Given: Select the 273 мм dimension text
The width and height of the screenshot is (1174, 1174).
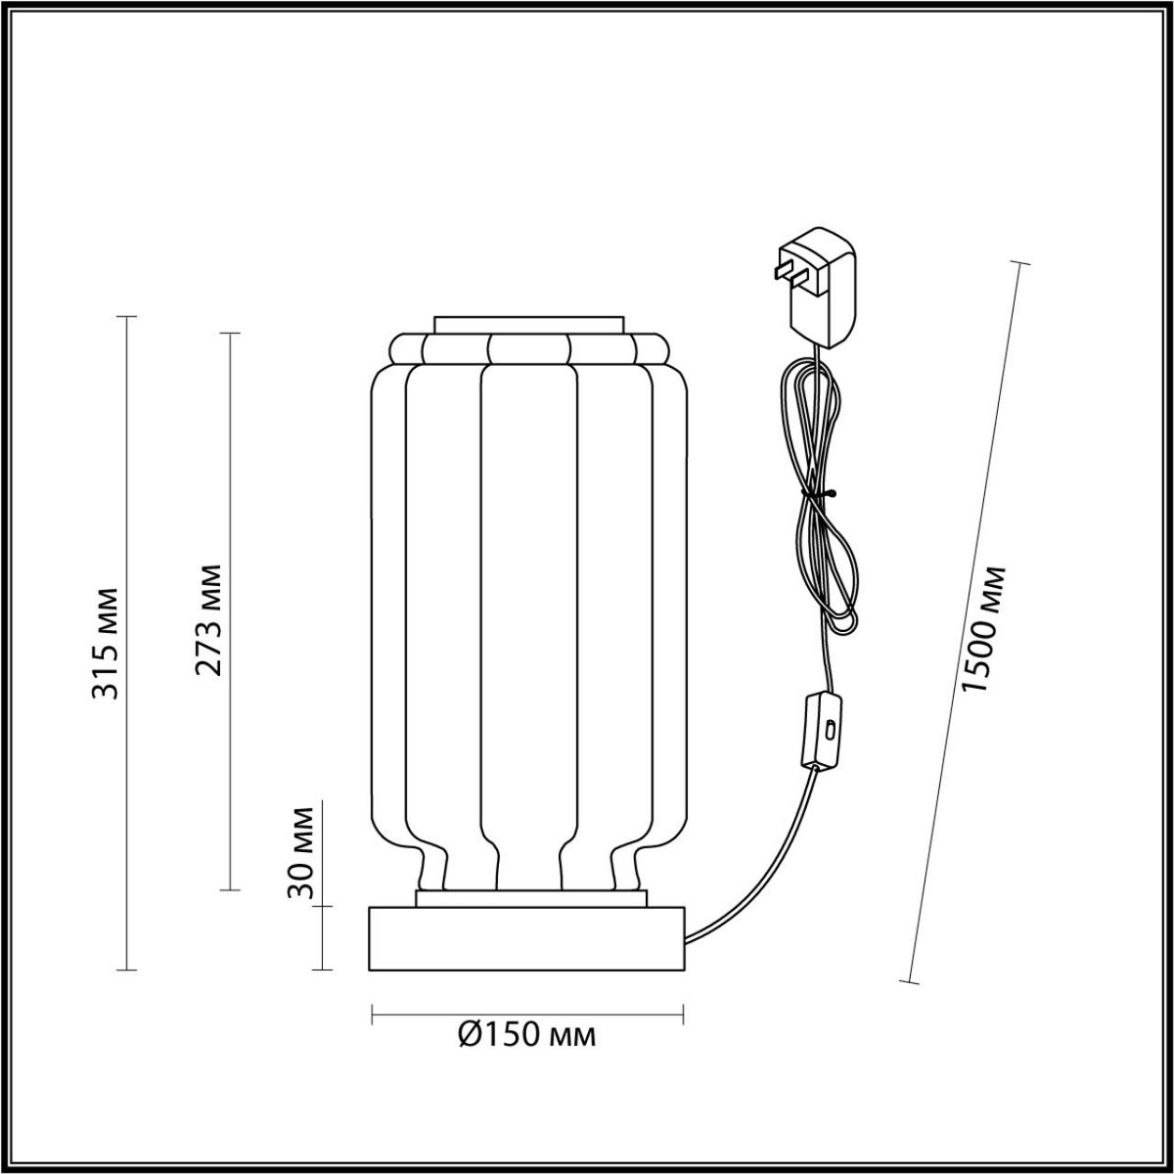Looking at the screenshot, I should point(207,620).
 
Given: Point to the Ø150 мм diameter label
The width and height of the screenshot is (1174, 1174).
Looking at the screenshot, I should point(527,1033).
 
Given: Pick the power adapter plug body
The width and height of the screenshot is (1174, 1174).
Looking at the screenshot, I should point(825,289).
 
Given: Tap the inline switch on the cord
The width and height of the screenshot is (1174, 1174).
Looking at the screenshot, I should point(821,729).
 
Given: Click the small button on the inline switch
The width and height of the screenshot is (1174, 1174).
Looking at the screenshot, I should point(830,730).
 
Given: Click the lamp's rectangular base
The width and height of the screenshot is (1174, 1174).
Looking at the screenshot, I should point(527,938).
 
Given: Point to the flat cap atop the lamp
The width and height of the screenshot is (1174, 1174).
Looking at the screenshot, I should point(528,324).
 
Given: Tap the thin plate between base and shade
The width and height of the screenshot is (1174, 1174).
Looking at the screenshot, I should point(531,897).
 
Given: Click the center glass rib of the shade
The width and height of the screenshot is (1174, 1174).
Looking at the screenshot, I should point(527,607).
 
